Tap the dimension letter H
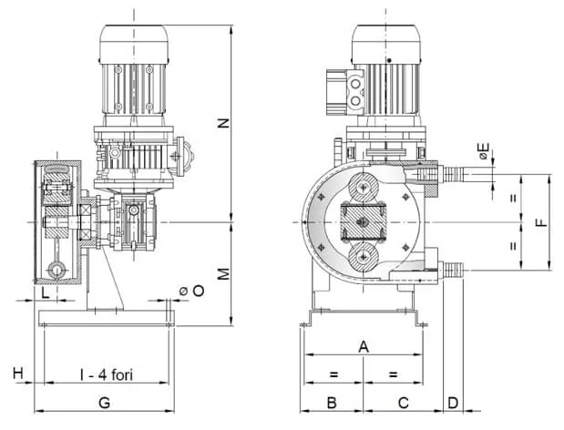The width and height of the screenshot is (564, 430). pyautogui.click(x=17, y=374)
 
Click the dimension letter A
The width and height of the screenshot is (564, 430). pyautogui.click(x=364, y=346)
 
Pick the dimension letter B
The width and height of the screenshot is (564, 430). pyautogui.click(x=333, y=402)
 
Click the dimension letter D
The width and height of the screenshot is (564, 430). pyautogui.click(x=453, y=402)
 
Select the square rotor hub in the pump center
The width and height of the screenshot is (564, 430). pyautogui.click(x=365, y=222)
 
